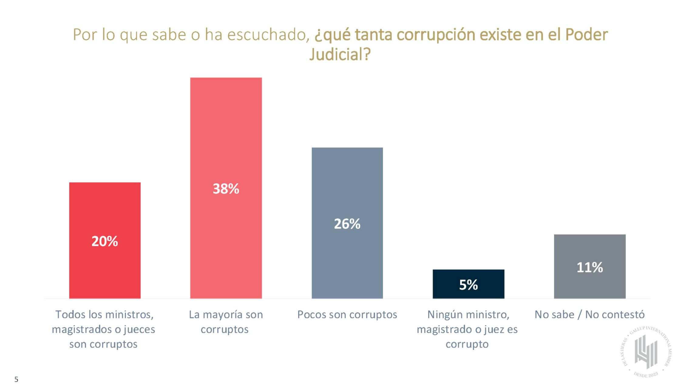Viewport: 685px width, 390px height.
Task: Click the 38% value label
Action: click(x=226, y=189)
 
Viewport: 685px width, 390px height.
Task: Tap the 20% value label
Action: click(x=105, y=241)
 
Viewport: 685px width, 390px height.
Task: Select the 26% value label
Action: click(x=347, y=224)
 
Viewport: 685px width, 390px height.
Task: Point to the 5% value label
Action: click(x=468, y=285)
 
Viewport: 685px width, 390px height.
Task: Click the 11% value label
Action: click(x=589, y=267)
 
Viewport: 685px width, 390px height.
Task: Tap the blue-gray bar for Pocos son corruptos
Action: click(x=347, y=182)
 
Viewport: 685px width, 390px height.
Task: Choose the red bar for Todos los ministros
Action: click(x=105, y=212)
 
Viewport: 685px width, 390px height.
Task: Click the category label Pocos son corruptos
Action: click(x=347, y=315)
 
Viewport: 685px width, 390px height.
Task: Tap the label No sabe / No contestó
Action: click(x=589, y=315)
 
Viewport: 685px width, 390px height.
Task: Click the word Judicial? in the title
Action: click(x=340, y=55)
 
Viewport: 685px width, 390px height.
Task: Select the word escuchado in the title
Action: click(x=266, y=35)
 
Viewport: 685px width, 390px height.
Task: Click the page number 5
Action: click(x=16, y=379)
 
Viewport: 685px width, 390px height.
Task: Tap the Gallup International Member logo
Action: click(x=646, y=352)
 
